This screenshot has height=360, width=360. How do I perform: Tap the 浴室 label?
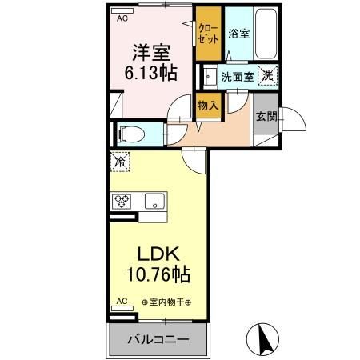(238, 34)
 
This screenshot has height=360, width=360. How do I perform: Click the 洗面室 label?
(237, 77)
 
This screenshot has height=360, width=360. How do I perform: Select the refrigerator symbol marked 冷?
(120, 161)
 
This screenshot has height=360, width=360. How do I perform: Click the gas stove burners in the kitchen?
(122, 201)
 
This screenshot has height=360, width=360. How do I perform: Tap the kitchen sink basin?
(154, 201)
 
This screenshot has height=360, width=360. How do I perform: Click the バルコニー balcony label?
(159, 339)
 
